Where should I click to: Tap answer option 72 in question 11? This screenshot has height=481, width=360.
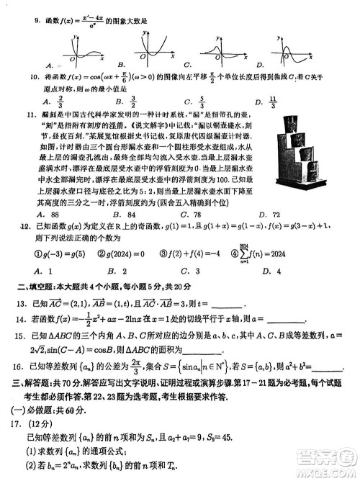[276, 214]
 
